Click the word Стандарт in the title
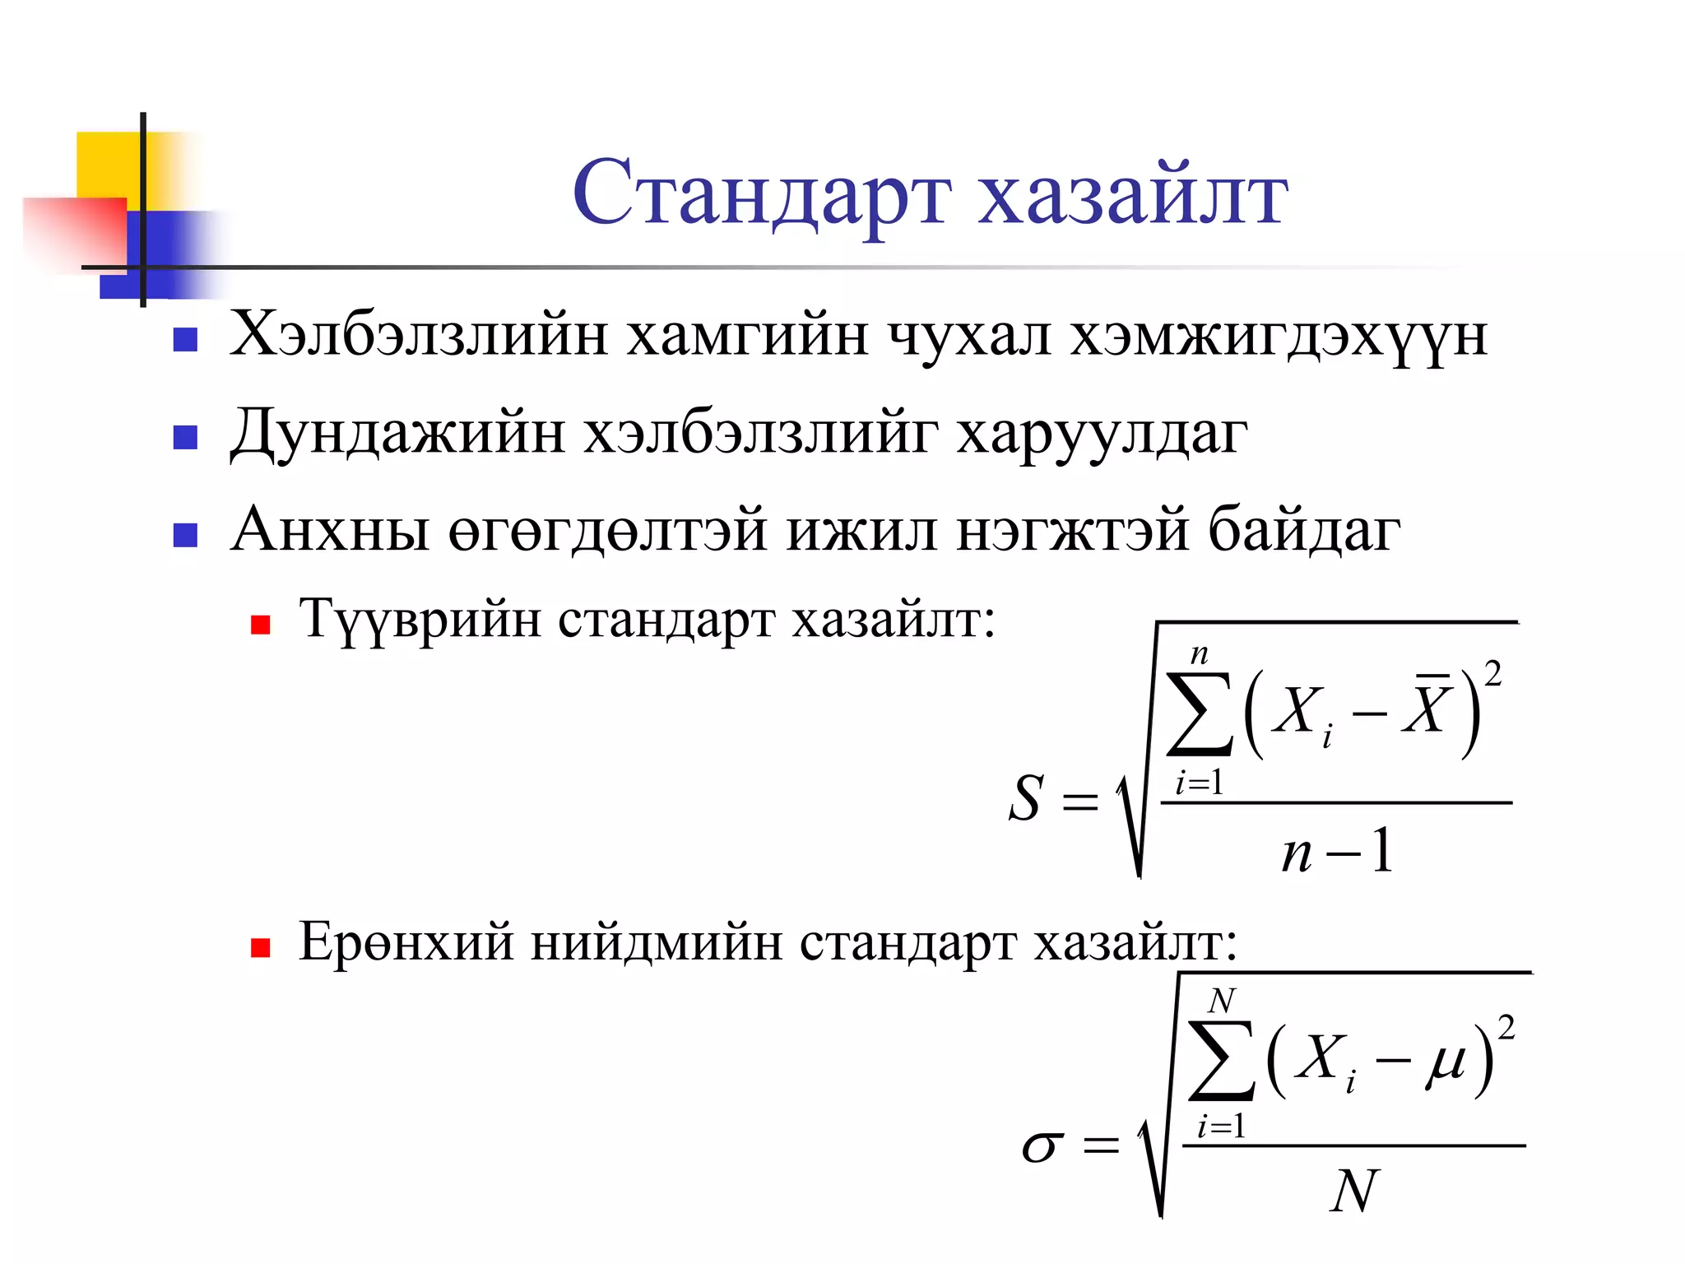click(x=762, y=194)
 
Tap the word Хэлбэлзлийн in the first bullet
click(x=419, y=336)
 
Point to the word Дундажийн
click(x=397, y=433)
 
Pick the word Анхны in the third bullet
click(x=330, y=529)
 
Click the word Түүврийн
click(x=420, y=620)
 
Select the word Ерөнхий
click(x=406, y=941)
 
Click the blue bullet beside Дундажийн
click(x=185, y=438)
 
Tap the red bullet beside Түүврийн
click(x=261, y=625)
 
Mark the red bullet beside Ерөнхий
click(x=261, y=948)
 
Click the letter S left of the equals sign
click(x=1026, y=798)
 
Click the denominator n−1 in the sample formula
click(x=1337, y=851)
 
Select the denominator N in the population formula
click(x=1353, y=1191)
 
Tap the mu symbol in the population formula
click(x=1446, y=1062)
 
